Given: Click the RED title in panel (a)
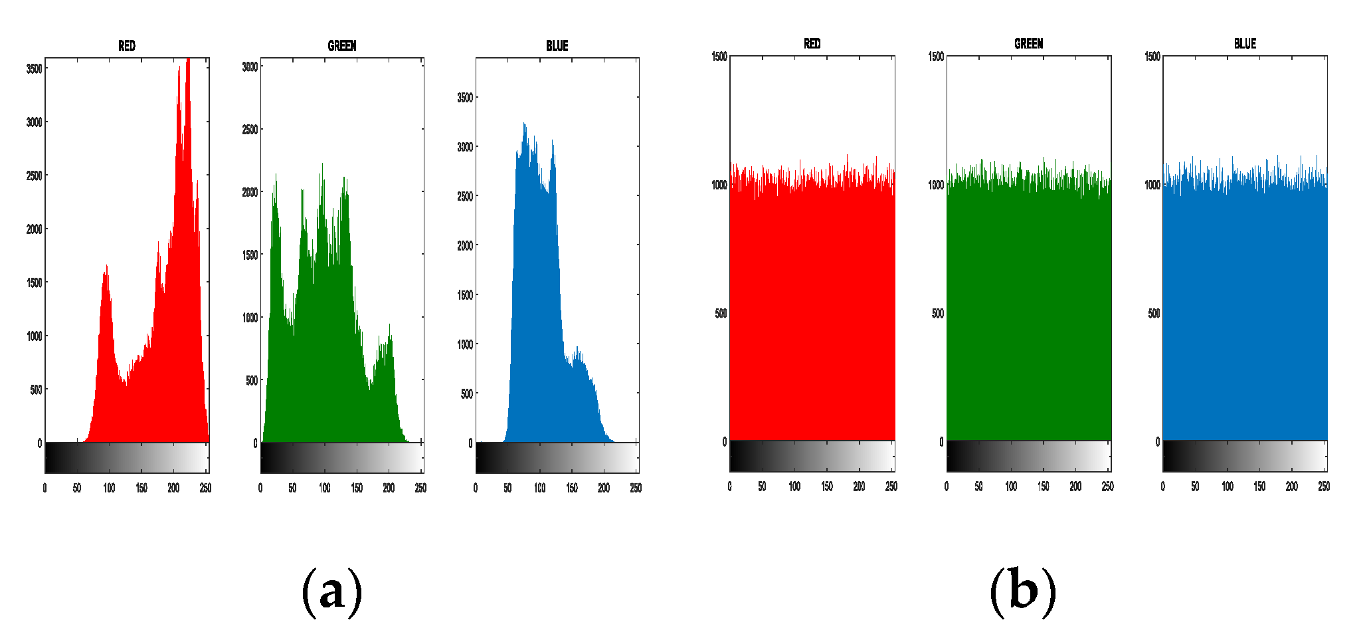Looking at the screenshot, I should click(x=126, y=46).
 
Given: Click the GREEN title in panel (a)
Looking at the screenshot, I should click(x=341, y=46).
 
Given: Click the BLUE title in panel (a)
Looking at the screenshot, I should click(x=557, y=46).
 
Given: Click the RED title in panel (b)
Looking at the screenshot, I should click(x=812, y=44).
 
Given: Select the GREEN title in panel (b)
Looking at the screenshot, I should click(x=1028, y=44).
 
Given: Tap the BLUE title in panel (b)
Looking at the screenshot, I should click(x=1245, y=44).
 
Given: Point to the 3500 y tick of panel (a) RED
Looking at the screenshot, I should click(x=34, y=68).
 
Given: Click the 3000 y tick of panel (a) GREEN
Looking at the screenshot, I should click(x=250, y=66).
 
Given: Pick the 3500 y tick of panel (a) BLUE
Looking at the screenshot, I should click(x=465, y=98).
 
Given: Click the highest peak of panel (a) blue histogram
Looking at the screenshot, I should click(x=524, y=124).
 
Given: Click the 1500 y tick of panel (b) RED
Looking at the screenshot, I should click(x=719, y=56).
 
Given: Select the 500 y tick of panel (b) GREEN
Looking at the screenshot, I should click(x=937, y=313).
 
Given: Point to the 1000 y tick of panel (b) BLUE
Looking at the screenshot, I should click(x=1152, y=185).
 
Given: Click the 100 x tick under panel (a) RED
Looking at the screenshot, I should click(x=109, y=488).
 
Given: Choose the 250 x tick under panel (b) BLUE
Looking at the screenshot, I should click(x=1323, y=486).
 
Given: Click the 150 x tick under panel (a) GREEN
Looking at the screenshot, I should click(x=357, y=488).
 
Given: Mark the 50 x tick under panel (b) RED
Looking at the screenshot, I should click(x=762, y=486).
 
